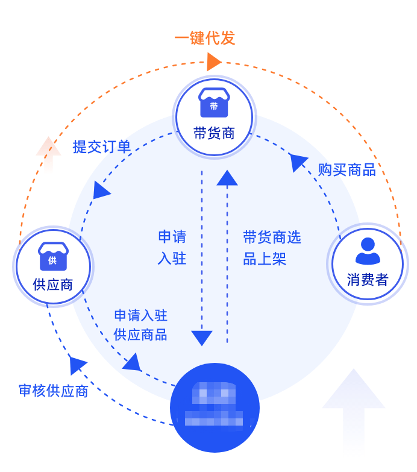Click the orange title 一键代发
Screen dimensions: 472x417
tap(204, 39)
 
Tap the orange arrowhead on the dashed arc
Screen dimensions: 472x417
tap(213, 61)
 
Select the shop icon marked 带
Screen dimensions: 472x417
tap(214, 104)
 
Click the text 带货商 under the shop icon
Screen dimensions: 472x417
tap(214, 133)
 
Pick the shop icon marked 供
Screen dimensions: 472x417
tap(52, 257)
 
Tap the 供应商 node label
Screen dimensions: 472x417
tap(53, 285)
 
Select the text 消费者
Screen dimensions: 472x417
tap(368, 280)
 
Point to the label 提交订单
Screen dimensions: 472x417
tap(102, 147)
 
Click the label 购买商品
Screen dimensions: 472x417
tap(346, 170)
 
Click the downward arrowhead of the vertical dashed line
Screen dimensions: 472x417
tap(202, 337)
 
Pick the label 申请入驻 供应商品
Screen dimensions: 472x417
tap(140, 325)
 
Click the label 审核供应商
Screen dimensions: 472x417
tap(53, 391)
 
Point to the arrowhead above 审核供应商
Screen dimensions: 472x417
tap(77, 364)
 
